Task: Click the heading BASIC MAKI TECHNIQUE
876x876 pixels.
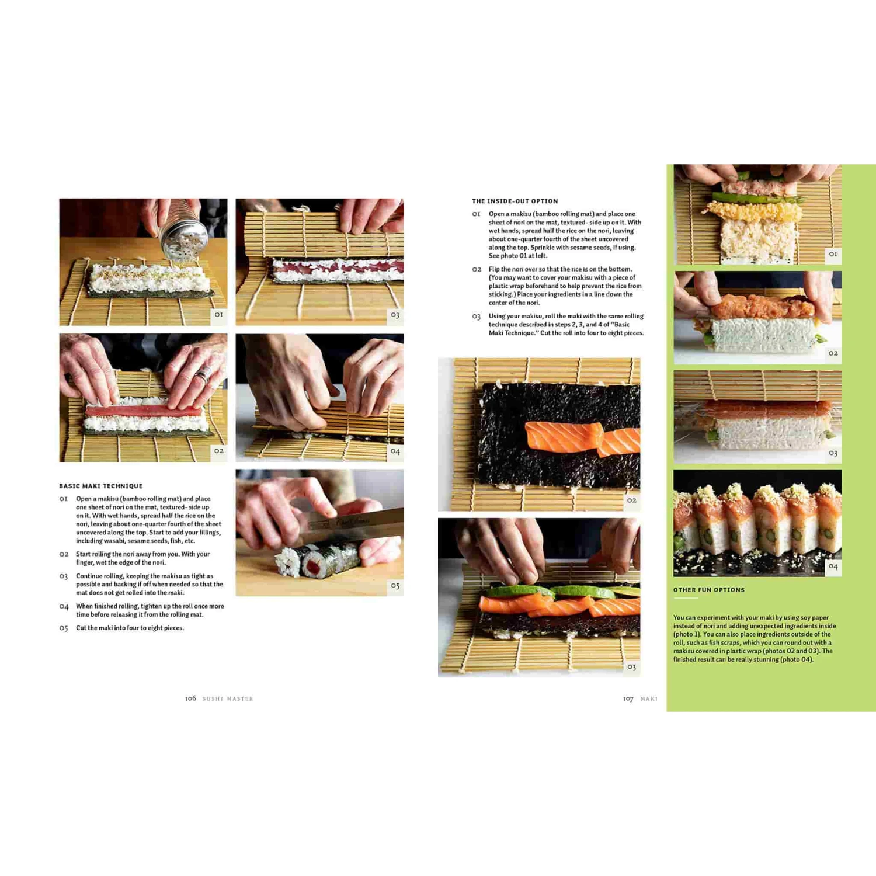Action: click(101, 486)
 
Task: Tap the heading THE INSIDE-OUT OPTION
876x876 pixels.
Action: click(515, 201)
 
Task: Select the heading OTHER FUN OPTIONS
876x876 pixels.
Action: click(709, 590)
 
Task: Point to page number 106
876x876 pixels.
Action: click(190, 698)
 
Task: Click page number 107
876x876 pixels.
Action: click(628, 698)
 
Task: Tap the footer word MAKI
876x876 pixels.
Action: click(649, 698)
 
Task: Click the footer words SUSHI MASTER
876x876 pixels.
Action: click(228, 698)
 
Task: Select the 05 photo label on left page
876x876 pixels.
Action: click(395, 586)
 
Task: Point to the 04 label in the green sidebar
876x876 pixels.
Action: click(833, 566)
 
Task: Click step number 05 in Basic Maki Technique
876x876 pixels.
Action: click(64, 628)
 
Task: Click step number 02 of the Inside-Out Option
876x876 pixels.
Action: click(477, 269)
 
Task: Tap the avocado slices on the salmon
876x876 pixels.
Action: click(558, 591)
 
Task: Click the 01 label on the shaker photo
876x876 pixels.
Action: click(218, 314)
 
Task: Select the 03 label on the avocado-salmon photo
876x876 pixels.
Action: click(631, 666)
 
